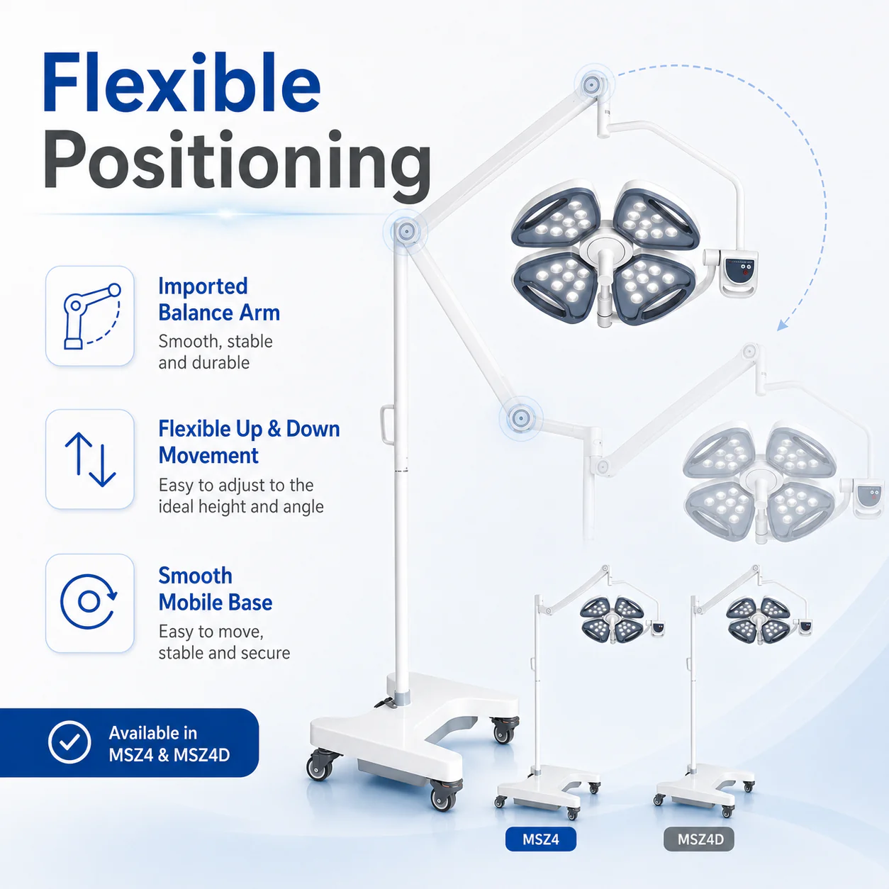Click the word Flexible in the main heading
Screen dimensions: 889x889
click(x=181, y=82)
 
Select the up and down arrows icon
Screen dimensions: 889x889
click(x=90, y=459)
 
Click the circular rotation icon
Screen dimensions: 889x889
click(x=89, y=602)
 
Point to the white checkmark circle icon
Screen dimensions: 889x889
click(x=69, y=742)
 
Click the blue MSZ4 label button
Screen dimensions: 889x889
click(x=541, y=839)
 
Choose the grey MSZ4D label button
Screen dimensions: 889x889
click(x=699, y=839)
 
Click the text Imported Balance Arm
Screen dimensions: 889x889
click(x=219, y=299)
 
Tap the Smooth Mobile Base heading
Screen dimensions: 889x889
click(x=216, y=589)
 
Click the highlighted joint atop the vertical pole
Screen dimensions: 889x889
click(x=406, y=230)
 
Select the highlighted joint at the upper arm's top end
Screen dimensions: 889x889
click(x=592, y=85)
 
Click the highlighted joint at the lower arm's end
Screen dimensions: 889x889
click(x=521, y=418)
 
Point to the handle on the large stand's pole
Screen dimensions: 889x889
click(x=386, y=425)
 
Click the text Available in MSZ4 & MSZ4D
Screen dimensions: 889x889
click(x=169, y=744)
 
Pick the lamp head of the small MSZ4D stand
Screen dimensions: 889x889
click(x=759, y=620)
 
